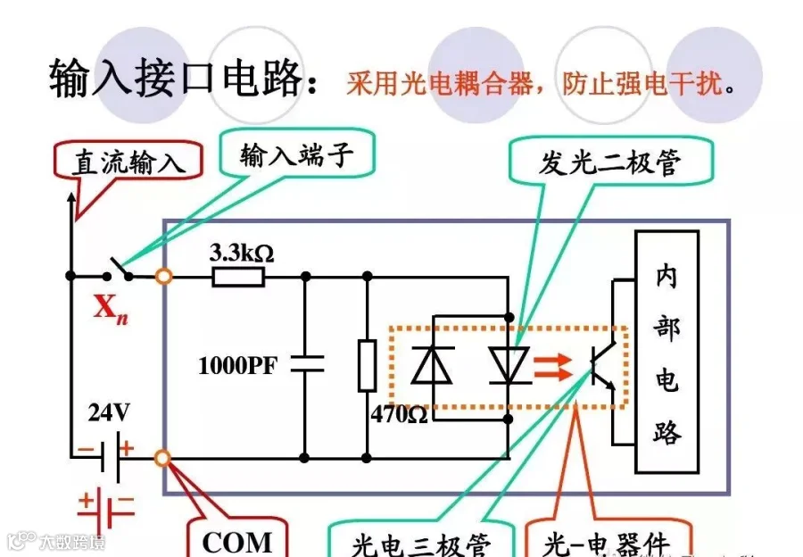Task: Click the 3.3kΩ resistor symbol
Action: [x=238, y=278]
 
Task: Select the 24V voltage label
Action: [x=109, y=412]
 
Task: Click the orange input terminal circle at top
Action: [x=163, y=277]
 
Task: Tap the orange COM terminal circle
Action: [x=163, y=459]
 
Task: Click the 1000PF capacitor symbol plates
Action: [x=306, y=364]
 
